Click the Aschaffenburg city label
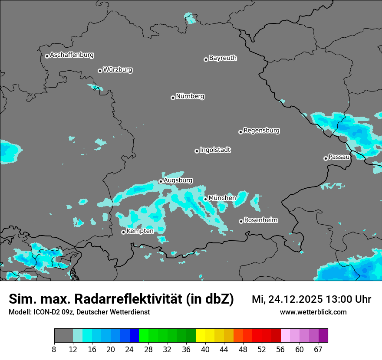(x=72, y=55)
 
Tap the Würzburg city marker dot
(x=100, y=71)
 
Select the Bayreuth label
(x=223, y=58)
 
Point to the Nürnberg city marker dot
(x=173, y=98)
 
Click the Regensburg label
(x=261, y=130)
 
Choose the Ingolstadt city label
(x=215, y=150)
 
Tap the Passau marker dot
(x=326, y=158)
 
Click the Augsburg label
(x=178, y=180)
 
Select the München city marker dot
(x=205, y=199)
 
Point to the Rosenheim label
(x=260, y=220)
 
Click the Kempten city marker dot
(x=123, y=232)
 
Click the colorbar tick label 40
(x=205, y=350)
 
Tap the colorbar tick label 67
(x=318, y=350)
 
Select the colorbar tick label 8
(x=54, y=350)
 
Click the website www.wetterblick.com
(x=313, y=312)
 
